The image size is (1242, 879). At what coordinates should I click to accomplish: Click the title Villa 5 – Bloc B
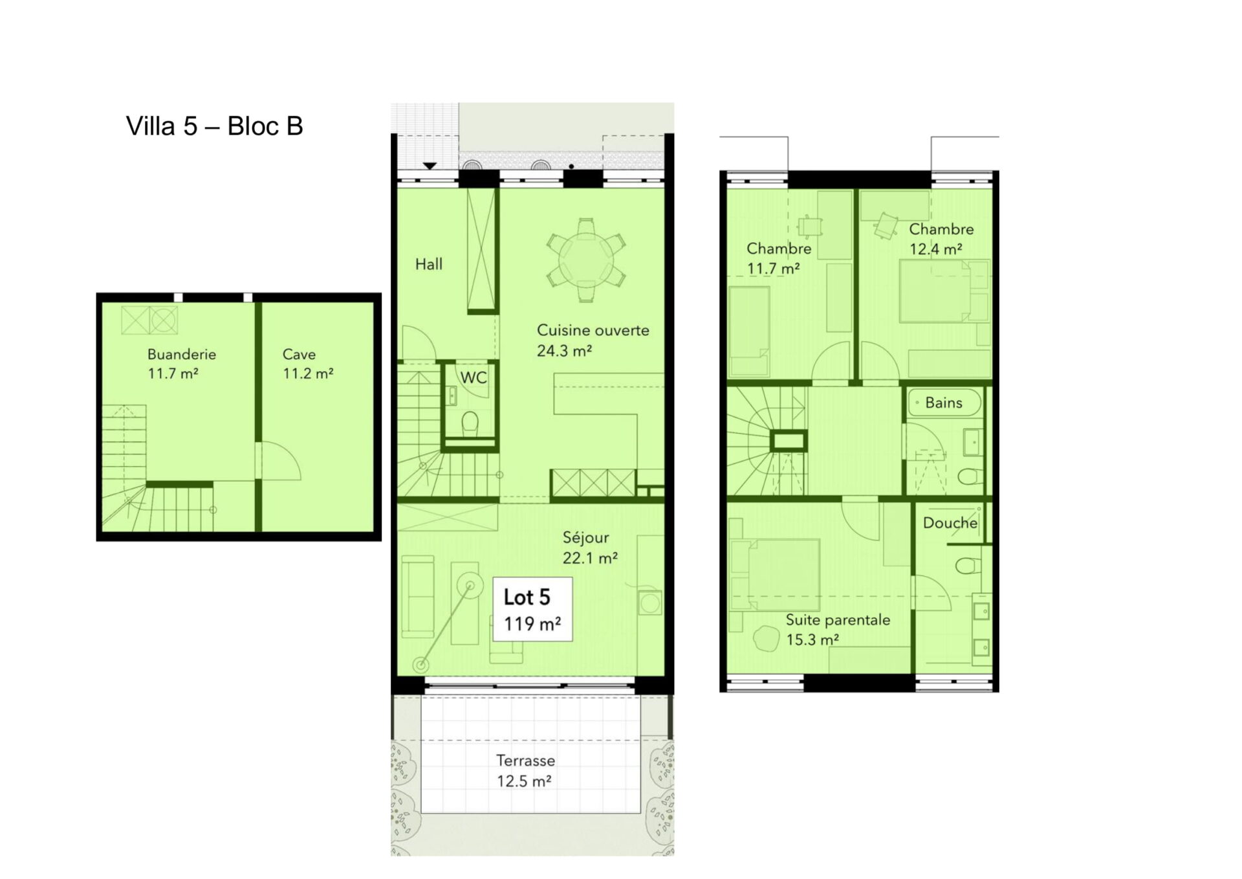pos(214,126)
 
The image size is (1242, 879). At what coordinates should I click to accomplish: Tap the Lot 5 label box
pos(532,609)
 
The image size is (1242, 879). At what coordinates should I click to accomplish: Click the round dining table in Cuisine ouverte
pos(585,260)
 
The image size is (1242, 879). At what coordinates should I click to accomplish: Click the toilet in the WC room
pos(470,423)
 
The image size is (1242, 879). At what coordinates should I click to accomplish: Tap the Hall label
pos(429,264)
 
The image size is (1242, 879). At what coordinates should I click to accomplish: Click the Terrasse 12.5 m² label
pos(525,771)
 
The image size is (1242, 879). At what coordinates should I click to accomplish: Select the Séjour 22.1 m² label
pos(589,548)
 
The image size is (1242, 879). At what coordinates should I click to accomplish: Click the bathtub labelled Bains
pos(944,403)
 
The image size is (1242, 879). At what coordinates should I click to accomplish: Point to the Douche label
pos(950,523)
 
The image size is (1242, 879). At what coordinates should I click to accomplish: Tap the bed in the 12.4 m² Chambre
pos(943,291)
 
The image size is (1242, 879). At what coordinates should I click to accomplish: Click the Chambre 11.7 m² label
pos(778,258)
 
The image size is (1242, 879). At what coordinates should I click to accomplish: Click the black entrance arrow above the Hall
pos(430,166)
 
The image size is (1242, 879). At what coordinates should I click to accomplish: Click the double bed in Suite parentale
pos(775,574)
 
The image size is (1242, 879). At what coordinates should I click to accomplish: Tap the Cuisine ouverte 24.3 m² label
pos(593,340)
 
